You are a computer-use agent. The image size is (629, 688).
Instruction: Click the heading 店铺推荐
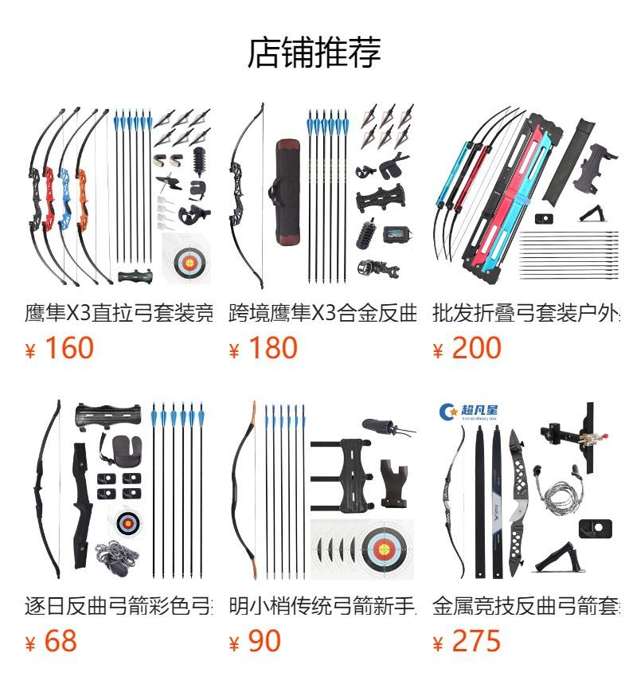pyautogui.click(x=314, y=53)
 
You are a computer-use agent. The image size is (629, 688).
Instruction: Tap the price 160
pyautogui.click(x=68, y=348)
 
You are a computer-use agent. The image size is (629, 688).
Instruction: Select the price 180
pyautogui.click(x=272, y=348)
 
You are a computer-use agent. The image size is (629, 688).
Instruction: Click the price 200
pyautogui.click(x=476, y=348)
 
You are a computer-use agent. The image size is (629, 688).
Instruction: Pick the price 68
pyautogui.click(x=61, y=641)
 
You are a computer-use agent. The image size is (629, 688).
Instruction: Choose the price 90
pyautogui.click(x=264, y=641)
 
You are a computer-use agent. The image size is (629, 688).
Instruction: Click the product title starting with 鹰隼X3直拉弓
pyautogui.click(x=119, y=312)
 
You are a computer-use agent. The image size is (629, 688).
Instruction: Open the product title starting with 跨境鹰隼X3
pyautogui.click(x=322, y=312)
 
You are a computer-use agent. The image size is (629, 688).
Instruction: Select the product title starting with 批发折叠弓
pyautogui.click(x=525, y=312)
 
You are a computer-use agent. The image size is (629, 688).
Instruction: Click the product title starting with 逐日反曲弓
pyautogui.click(x=119, y=606)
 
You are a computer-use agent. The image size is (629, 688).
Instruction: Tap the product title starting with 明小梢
pyautogui.click(x=322, y=606)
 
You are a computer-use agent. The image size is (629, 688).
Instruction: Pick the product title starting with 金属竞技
pyautogui.click(x=525, y=606)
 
